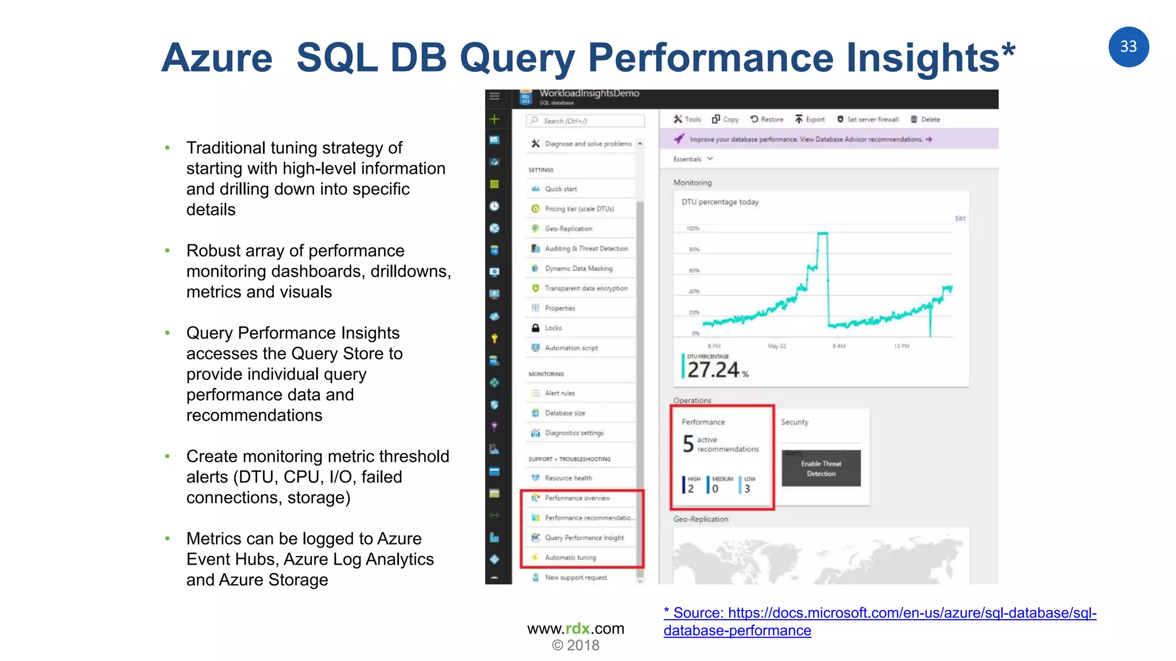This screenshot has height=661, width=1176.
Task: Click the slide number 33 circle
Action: (x=1128, y=46)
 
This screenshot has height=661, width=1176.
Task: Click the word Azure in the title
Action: (x=217, y=58)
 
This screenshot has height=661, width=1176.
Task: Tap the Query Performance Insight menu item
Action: (x=583, y=538)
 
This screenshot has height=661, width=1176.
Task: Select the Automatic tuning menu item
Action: (x=570, y=557)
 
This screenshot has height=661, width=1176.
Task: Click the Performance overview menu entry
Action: (x=577, y=497)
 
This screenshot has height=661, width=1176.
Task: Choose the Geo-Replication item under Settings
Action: (x=568, y=228)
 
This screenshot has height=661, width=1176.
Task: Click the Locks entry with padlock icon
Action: (x=552, y=328)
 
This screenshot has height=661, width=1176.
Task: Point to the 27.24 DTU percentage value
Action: (x=713, y=370)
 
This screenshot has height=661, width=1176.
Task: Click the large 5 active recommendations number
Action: (x=688, y=444)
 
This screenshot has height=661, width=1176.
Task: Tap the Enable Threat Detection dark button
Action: (x=821, y=468)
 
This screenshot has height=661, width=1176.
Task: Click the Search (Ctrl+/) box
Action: (x=585, y=120)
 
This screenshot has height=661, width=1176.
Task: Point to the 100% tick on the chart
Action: (x=693, y=228)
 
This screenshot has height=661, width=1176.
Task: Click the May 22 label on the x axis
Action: (x=776, y=346)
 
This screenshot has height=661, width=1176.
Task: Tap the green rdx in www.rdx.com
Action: (x=577, y=628)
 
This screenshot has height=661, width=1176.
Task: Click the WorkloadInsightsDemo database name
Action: (x=589, y=94)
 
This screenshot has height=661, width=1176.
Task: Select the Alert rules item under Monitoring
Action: (x=559, y=393)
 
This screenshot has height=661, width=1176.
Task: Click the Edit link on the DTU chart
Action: (x=960, y=218)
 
